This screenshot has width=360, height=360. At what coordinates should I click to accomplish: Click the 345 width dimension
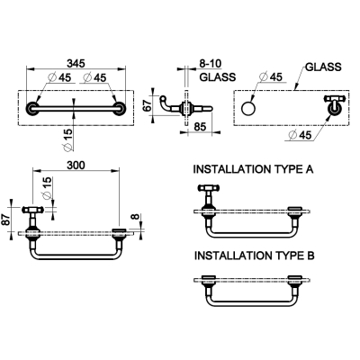click(x=76, y=63)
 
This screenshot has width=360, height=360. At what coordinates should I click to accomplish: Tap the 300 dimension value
click(x=76, y=166)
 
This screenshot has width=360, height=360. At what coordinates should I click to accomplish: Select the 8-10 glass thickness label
click(x=211, y=64)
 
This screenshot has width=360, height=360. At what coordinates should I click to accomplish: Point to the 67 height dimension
click(x=148, y=106)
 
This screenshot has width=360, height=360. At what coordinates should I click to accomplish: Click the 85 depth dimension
click(x=200, y=127)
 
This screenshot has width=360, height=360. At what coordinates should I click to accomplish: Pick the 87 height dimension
click(x=5, y=220)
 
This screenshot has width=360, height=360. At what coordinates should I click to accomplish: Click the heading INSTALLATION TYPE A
click(x=253, y=169)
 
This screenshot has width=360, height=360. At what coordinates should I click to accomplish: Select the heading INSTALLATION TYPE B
click(x=254, y=256)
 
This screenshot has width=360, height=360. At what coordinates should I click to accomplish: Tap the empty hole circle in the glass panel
click(x=247, y=108)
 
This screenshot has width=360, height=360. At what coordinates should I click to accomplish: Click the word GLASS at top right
click(x=323, y=67)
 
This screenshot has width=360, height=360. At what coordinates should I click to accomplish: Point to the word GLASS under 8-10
click(x=218, y=77)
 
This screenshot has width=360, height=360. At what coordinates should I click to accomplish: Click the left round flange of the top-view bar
click(x=32, y=108)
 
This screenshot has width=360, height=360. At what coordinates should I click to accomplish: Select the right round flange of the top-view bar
click(x=120, y=108)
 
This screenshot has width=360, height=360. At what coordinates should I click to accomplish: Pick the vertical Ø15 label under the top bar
click(x=68, y=139)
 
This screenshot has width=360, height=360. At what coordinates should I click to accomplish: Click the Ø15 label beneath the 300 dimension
click(x=47, y=188)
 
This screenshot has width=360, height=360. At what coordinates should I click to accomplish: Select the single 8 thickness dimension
click(x=136, y=216)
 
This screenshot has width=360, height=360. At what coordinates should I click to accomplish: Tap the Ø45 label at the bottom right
click(x=300, y=135)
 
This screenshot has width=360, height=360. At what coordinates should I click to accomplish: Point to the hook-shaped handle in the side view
click(x=166, y=103)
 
